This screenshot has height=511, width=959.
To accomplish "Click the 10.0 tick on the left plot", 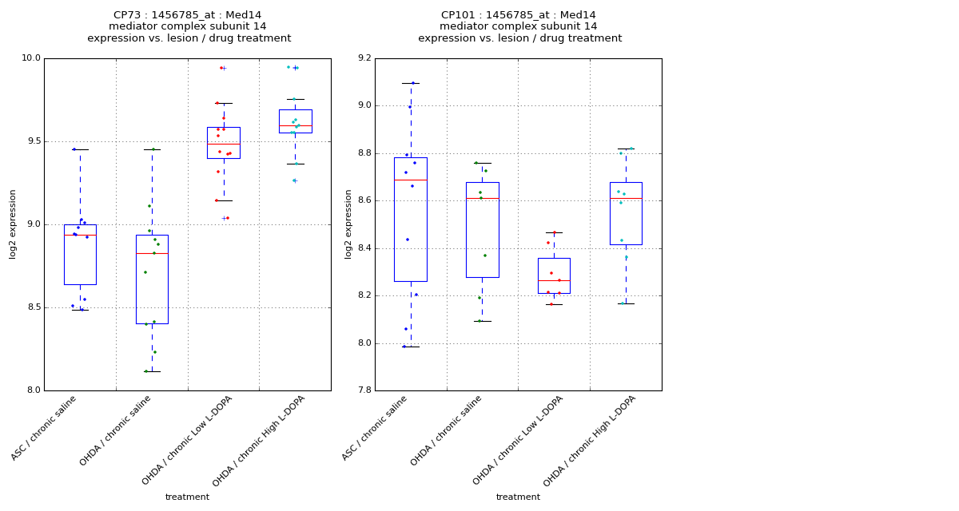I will pos(31,58).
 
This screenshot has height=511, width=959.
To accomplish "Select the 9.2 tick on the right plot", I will pos(364,58).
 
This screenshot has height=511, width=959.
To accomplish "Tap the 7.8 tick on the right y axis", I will pos(364,390).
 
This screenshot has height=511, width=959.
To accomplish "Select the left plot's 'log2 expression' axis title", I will pos(13,224).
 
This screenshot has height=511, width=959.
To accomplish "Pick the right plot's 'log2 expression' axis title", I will pos(348,224).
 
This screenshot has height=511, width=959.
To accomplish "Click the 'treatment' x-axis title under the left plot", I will pos(187,497).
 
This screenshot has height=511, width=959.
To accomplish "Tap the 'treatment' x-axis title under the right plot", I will pos(518,497).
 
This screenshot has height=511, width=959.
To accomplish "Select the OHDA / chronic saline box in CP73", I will pos(152,279).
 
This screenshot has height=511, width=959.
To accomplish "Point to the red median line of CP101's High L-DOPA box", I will pos(626,198).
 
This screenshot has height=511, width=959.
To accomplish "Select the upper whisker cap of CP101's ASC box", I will pos(411,83).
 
